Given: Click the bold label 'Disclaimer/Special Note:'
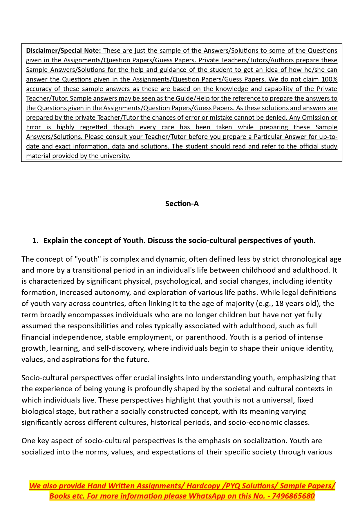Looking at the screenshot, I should (x=64, y=50).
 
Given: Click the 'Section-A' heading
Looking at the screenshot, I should (x=182, y=204).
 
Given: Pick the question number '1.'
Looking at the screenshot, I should (x=35, y=240).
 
